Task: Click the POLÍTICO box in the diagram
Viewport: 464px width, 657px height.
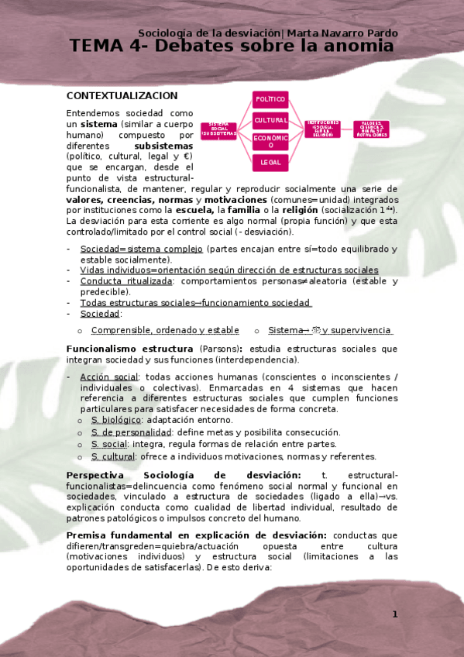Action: tap(270, 99)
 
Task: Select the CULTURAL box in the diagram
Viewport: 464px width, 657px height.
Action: tap(270, 120)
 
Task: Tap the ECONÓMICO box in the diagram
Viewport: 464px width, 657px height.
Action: tap(270, 141)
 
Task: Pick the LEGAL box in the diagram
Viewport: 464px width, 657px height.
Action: tap(270, 162)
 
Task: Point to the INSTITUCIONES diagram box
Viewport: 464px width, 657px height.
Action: tap(322, 128)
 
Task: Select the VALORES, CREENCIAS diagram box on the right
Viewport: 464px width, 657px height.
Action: tap(371, 129)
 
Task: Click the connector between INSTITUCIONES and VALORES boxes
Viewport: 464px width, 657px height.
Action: tap(347, 128)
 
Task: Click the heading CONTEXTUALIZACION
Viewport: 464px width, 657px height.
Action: tap(122, 95)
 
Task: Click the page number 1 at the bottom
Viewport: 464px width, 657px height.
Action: tap(394, 614)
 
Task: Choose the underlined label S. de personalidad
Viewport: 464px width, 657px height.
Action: tap(131, 432)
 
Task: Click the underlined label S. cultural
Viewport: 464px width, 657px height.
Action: tap(113, 456)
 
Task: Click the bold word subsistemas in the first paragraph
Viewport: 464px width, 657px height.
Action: tap(163, 145)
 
